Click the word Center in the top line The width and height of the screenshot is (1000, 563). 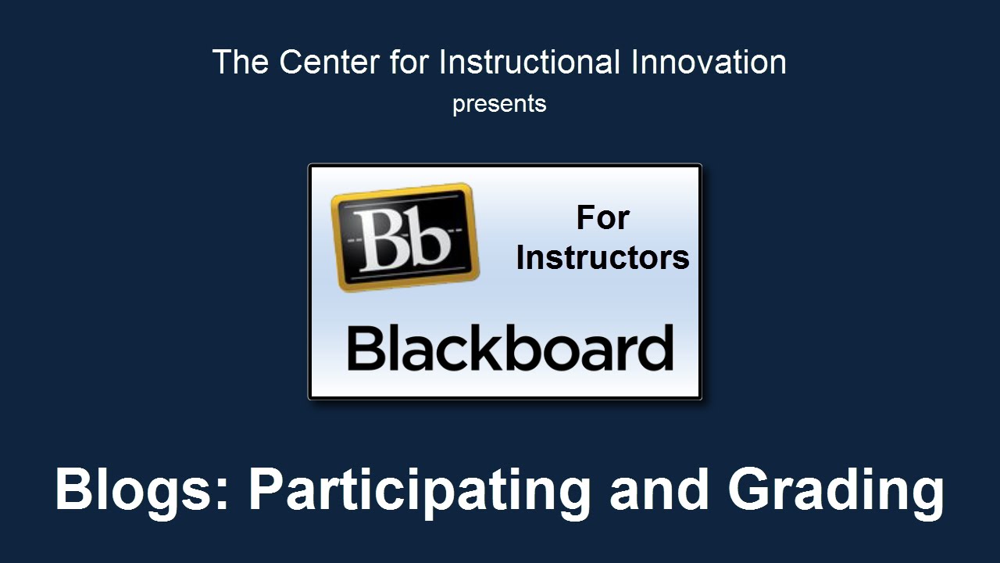coord(330,62)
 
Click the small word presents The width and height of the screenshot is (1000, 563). coord(499,105)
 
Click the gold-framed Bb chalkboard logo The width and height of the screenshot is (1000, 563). coord(405,237)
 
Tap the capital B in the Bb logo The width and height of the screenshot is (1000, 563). coord(382,239)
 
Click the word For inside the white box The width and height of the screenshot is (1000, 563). coord(602,217)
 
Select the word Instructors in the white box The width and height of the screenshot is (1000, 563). coord(602,258)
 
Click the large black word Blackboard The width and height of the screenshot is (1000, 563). coord(510,348)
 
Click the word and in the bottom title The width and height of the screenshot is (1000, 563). coord(659,488)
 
